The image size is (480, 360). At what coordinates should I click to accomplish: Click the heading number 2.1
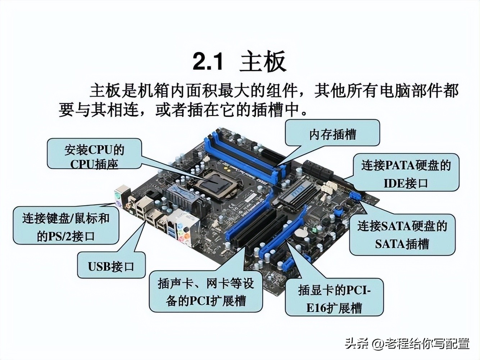pos(208,61)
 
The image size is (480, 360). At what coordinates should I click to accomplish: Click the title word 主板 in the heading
pos(263,61)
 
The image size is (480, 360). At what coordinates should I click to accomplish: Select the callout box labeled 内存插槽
pos(332,134)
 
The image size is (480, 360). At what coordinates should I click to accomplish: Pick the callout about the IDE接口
pos(406,174)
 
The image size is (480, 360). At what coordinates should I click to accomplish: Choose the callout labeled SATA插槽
pos(402,235)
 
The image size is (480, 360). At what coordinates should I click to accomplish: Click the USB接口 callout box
pos(111,266)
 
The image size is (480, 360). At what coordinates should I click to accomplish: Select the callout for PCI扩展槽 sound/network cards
pos(206,292)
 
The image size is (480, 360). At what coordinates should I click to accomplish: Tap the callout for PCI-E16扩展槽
pos(334,298)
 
